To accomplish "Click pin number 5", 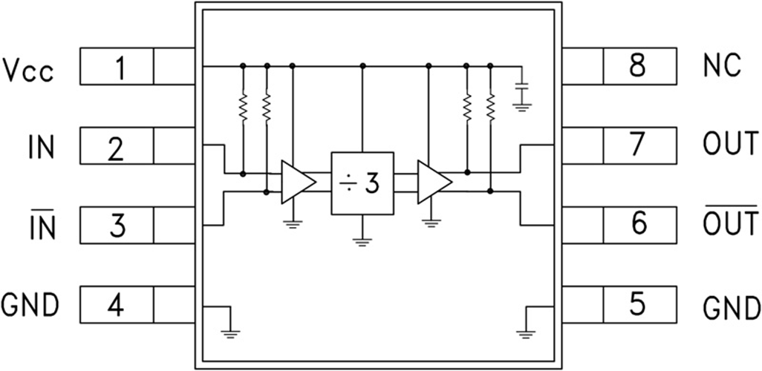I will pos(639,305).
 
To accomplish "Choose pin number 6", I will pos(639,226).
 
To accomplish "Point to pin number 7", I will pos(639,146).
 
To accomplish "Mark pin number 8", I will pos(639,67).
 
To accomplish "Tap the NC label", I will pos(721,67).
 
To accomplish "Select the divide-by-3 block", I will pos(362,183).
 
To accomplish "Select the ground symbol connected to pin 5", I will pos(526,332).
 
